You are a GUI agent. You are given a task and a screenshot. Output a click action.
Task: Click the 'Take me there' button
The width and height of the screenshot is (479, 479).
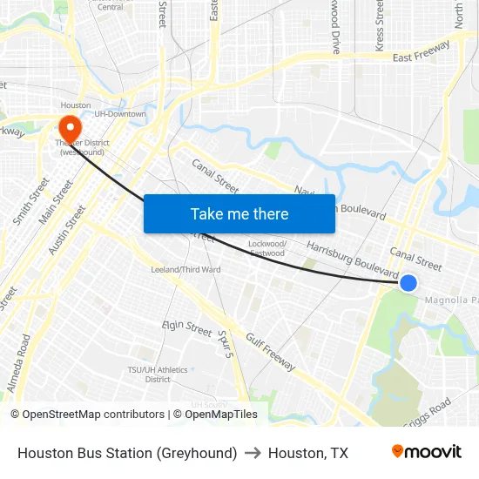(x=239, y=214)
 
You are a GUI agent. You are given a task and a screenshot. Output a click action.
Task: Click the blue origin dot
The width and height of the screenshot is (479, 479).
(x=408, y=282)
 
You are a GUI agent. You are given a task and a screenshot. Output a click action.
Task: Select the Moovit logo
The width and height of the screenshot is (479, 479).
(x=427, y=452)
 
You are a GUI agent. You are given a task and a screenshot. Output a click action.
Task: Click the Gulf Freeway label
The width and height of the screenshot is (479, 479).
(x=271, y=352)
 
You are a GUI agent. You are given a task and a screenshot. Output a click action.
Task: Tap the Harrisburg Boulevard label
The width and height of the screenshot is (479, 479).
(x=353, y=260)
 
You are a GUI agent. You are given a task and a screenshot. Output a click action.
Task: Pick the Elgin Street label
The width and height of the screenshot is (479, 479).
(x=187, y=329)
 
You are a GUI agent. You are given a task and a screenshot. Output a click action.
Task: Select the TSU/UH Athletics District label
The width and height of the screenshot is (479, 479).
(x=158, y=374)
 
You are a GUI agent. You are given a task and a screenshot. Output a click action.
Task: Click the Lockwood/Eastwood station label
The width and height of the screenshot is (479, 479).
(x=266, y=248)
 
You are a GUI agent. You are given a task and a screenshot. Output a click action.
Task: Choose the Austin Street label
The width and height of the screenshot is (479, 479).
(x=67, y=230)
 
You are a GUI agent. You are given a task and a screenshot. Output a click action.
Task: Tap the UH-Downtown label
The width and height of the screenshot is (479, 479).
(x=120, y=114)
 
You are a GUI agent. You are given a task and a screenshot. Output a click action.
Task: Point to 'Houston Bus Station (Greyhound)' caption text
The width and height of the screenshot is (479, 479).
(x=127, y=453)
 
